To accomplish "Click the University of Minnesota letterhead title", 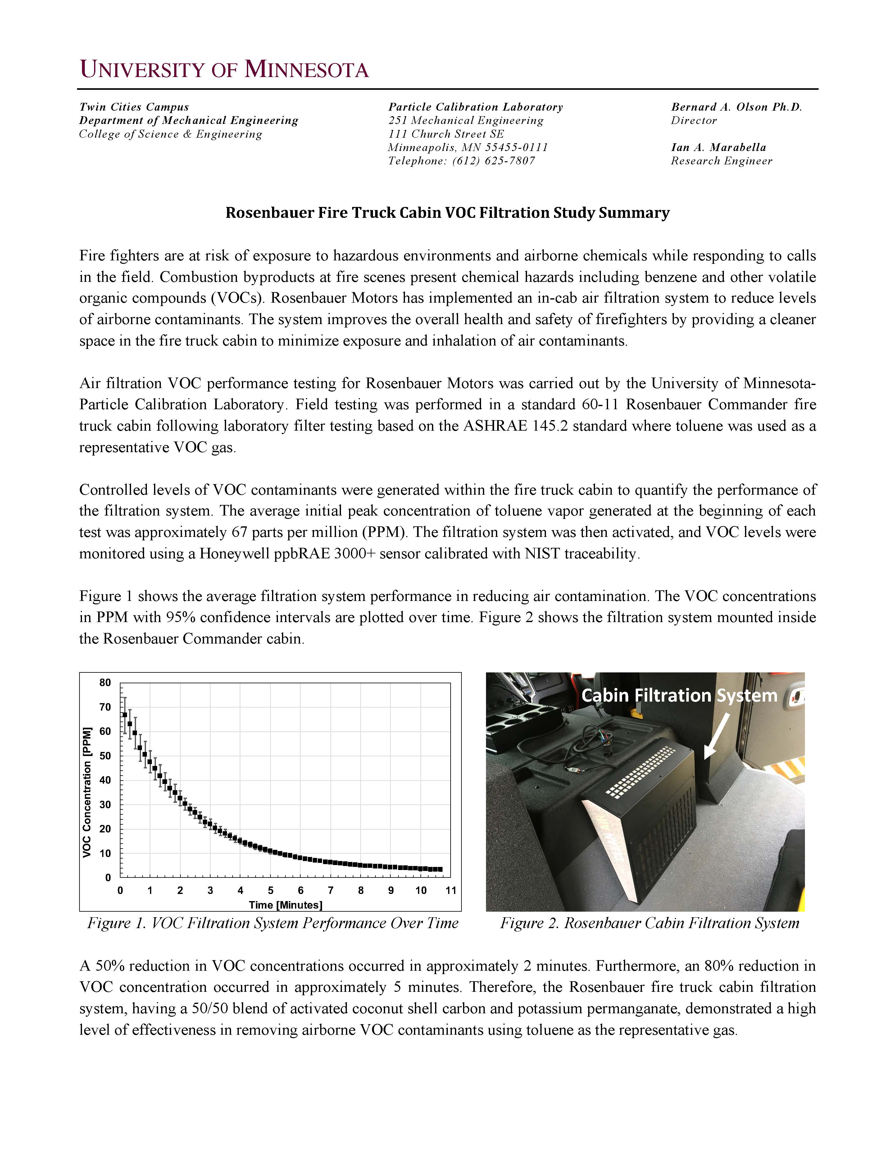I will (x=224, y=70).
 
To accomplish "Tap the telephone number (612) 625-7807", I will (x=493, y=161).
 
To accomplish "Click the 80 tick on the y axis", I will (x=105, y=682).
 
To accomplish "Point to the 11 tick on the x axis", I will (x=450, y=891).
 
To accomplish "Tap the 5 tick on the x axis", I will (x=270, y=891).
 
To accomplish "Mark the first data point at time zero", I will (x=125, y=715).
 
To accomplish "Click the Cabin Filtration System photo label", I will (x=679, y=695).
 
